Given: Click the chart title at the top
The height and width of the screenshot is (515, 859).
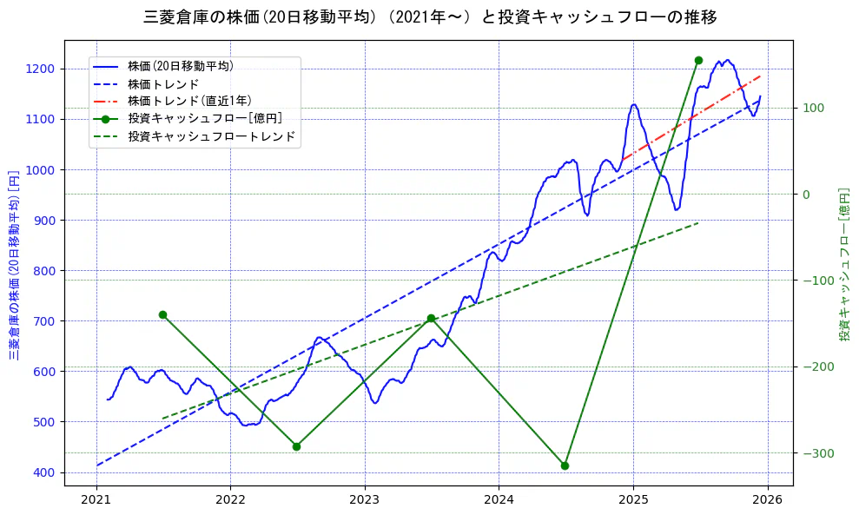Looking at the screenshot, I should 429,17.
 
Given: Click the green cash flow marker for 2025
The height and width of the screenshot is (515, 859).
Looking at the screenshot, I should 698,60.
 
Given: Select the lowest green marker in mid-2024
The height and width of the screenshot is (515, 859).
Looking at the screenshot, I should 565,465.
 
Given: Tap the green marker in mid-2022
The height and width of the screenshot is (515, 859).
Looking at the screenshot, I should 296,446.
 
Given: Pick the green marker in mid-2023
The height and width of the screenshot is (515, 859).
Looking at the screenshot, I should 431,319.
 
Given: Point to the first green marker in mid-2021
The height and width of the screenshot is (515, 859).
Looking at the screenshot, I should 162,314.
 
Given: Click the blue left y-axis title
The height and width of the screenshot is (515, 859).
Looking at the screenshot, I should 13,264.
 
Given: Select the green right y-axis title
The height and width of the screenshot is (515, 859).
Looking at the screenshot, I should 843,264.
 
